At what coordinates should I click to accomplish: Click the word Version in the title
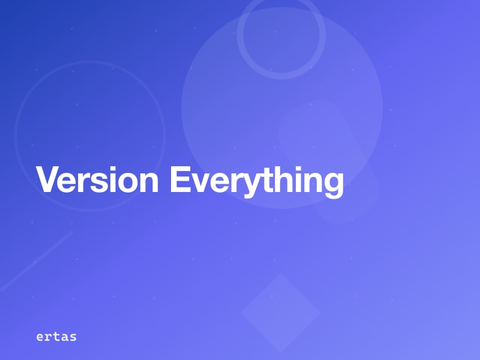pyautogui.click(x=97, y=179)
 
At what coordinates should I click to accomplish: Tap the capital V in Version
pyautogui.click(x=48, y=179)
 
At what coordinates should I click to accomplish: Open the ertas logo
pyautogui.click(x=56, y=337)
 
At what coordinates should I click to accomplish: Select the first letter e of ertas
pyautogui.click(x=40, y=337)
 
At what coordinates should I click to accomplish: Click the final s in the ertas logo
pyautogui.click(x=73, y=337)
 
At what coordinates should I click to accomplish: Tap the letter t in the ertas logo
pyautogui.click(x=56, y=337)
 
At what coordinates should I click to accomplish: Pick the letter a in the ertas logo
pyautogui.click(x=65, y=337)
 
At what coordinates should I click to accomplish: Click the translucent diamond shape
pyautogui.click(x=280, y=313)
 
